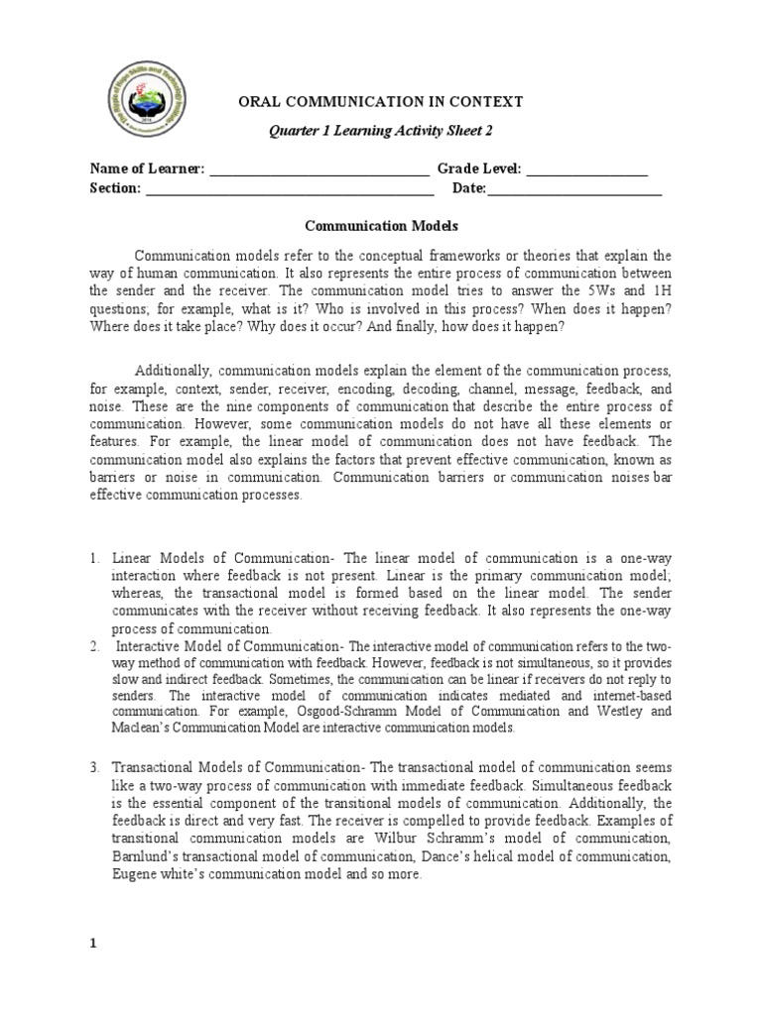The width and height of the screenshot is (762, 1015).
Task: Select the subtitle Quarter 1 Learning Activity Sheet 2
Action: pyautogui.click(x=376, y=130)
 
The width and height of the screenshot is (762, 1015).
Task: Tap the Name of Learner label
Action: pyautogui.click(x=147, y=169)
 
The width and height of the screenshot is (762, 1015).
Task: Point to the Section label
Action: pyautogui.click(x=114, y=188)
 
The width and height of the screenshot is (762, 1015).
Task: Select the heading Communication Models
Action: pyautogui.click(x=380, y=226)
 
